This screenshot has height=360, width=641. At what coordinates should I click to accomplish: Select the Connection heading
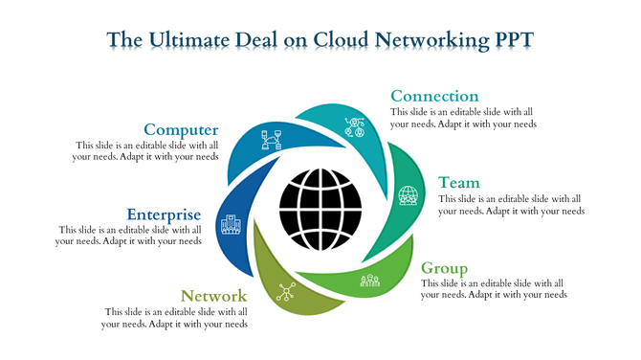pyautogui.click(x=434, y=96)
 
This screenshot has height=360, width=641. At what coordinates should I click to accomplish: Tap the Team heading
pyautogui.click(x=459, y=182)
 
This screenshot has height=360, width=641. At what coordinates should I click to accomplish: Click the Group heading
pyautogui.click(x=445, y=268)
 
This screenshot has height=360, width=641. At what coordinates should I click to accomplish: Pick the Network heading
pyautogui.click(x=214, y=297)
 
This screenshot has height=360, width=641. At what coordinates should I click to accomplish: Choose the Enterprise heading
pyautogui.click(x=164, y=214)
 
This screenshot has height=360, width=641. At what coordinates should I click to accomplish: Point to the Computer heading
pyautogui.click(x=181, y=129)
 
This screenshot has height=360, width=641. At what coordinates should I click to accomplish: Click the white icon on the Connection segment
pyautogui.click(x=354, y=126)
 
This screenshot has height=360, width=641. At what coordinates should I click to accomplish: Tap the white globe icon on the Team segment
pyautogui.click(x=409, y=195)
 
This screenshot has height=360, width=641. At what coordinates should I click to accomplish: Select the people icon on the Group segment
pyautogui.click(x=370, y=280)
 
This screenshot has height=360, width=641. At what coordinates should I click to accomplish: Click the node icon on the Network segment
pyautogui.click(x=286, y=293)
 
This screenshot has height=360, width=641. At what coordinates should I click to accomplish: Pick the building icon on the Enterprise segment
pyautogui.click(x=231, y=225)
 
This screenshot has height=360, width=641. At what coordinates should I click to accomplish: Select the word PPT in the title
pyautogui.click(x=513, y=39)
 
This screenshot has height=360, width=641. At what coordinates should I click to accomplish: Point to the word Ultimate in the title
pyautogui.click(x=188, y=39)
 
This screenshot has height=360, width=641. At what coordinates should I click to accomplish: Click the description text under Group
pyautogui.click(x=494, y=289)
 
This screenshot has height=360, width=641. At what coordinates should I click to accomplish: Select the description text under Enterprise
pyautogui.click(x=129, y=236)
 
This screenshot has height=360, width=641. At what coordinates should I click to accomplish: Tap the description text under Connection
pyautogui.click(x=463, y=118)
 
